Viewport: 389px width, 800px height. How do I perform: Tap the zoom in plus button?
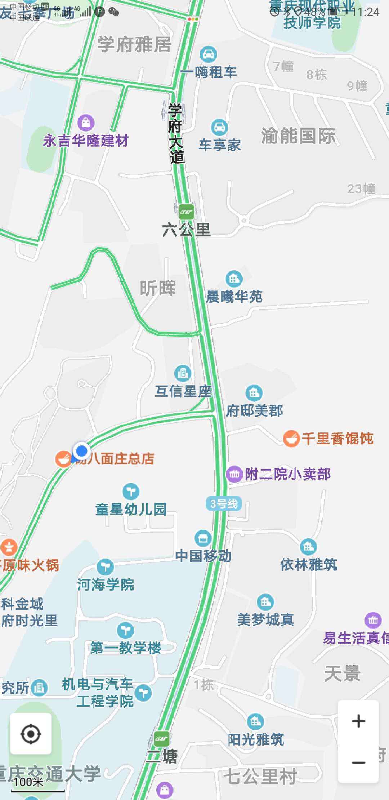coord(358,721)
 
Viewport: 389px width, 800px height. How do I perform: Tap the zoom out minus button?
coord(358,762)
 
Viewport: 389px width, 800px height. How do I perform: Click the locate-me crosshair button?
coord(31,734)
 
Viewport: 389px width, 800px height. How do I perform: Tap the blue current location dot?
coord(81,450)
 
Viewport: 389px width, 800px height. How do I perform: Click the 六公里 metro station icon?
coord(186,212)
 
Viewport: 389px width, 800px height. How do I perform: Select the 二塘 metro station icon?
coord(161,738)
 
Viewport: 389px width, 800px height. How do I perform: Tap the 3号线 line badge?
coord(224,503)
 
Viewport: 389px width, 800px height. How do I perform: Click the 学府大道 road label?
coord(176,133)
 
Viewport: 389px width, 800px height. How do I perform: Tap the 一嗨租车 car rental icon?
coord(208,55)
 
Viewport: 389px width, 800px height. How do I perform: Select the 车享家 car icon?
coord(219,127)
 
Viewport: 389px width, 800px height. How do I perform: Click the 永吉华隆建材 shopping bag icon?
coord(86,123)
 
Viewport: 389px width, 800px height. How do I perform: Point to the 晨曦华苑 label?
coord(234,297)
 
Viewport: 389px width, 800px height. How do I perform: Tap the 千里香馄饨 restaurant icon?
coord(291,439)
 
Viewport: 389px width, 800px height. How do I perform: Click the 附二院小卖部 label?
coord(287,474)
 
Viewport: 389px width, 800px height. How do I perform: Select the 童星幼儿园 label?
coord(131,509)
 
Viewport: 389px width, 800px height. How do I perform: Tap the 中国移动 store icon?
coord(203,538)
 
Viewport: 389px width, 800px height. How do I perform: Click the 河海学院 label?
coord(106,585)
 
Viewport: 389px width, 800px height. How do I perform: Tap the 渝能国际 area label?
coord(298,136)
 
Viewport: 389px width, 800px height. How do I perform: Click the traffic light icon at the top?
coord(193,19)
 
